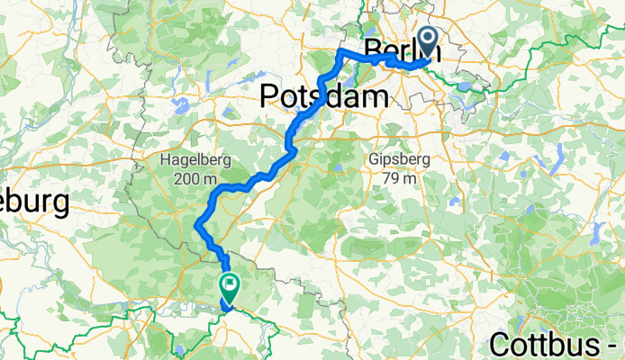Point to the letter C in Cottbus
[x=502, y=342]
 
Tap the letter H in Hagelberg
[x=165, y=160]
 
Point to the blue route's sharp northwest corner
[x=340, y=54]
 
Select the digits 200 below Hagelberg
[x=186, y=178]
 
